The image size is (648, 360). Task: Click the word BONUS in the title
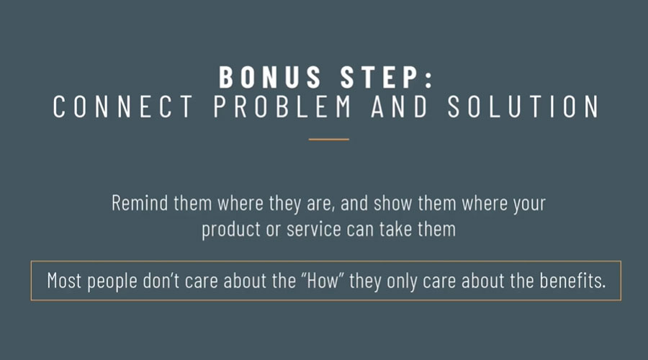pos(270,77)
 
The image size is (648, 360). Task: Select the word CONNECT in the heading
pos(122,107)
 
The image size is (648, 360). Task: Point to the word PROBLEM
pos(283,107)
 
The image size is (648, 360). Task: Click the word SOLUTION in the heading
pos(523,107)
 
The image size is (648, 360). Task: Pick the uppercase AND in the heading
pos(400,107)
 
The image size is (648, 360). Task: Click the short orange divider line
pos(329,139)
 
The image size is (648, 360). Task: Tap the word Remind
pos(140,203)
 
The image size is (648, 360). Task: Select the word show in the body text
pos(392,203)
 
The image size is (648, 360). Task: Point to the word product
pos(231,230)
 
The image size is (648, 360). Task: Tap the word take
pos(395,230)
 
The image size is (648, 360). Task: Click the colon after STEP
pos(428,78)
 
